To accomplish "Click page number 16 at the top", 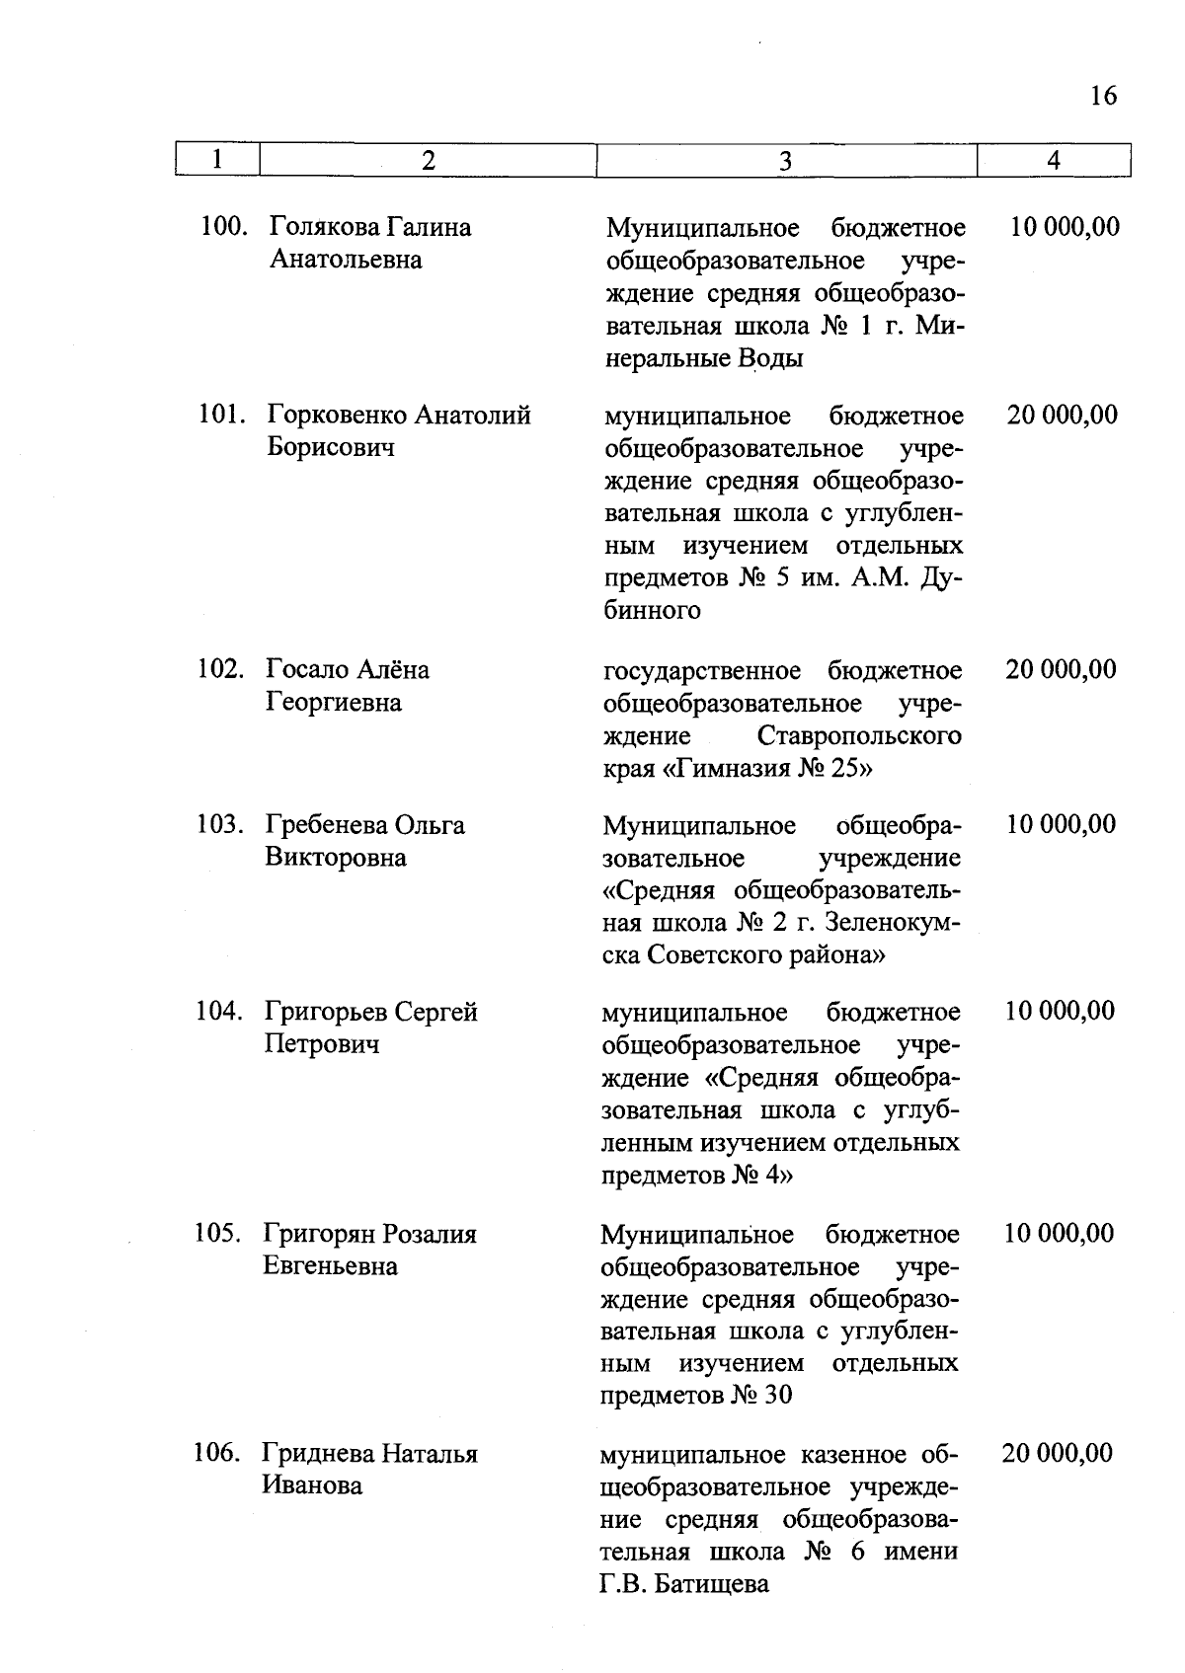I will click(x=1103, y=96).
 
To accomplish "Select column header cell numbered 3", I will click(x=786, y=161).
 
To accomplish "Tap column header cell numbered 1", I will click(x=217, y=160).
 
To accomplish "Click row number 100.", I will click(x=223, y=227).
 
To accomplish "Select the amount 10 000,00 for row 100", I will click(x=1065, y=227).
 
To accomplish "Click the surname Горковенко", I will click(x=336, y=415).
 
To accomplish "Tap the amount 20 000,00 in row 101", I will click(x=1063, y=415).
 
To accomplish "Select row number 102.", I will click(x=221, y=669).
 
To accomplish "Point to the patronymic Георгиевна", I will click(x=334, y=703).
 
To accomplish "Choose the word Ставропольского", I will click(x=859, y=736).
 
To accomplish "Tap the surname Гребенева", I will click(x=326, y=824).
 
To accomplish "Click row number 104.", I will click(x=219, y=1012).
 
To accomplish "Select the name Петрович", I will click(x=322, y=1044).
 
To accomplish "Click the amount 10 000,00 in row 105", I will click(x=1059, y=1234).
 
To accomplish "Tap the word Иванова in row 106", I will click(x=312, y=1485).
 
